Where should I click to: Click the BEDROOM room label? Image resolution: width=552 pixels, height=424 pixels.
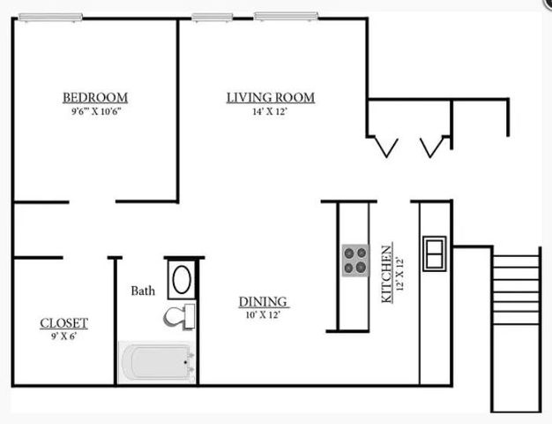tap(95, 97)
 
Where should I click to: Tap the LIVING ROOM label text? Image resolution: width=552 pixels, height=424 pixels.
tap(271, 97)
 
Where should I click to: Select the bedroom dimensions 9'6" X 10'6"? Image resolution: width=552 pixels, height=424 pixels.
tap(96, 111)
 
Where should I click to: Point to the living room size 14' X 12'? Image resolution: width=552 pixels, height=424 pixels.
tap(270, 111)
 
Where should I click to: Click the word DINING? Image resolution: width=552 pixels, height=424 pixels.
tap(263, 302)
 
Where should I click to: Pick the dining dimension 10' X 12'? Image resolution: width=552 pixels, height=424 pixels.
tap(263, 314)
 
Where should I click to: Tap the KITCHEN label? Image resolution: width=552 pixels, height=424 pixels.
tap(387, 274)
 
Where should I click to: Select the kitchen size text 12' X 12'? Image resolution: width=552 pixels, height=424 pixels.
tap(399, 274)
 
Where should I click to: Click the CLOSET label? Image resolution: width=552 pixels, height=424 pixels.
tap(63, 323)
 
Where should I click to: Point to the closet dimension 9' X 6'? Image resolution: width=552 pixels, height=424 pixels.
tap(63, 337)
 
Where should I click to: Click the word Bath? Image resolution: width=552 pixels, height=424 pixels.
tap(143, 291)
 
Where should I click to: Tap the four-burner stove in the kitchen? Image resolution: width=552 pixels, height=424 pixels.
tap(355, 261)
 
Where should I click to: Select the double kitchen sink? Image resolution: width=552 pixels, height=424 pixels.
tap(435, 254)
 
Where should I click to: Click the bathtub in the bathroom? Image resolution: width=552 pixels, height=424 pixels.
tap(156, 362)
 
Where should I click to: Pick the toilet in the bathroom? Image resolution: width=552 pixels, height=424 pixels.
tap(179, 316)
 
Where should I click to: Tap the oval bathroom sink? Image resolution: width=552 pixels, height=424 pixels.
tap(182, 280)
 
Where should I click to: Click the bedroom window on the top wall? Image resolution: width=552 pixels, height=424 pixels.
tap(50, 17)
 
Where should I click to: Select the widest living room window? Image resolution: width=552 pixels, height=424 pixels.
tap(286, 16)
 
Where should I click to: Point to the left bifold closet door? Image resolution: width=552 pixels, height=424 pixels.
tap(386, 148)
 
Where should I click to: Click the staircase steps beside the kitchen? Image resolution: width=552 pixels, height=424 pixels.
tap(516, 289)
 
